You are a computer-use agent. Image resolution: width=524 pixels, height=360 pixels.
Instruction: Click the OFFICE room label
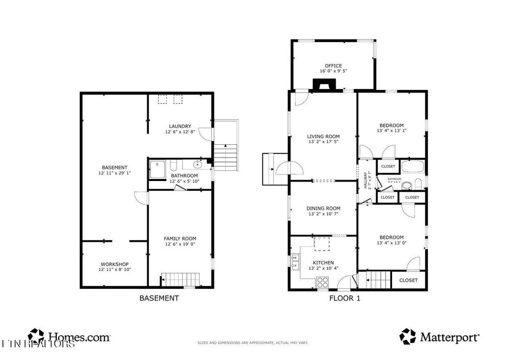(333, 66)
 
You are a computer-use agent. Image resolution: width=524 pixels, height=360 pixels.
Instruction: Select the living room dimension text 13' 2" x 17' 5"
(323, 143)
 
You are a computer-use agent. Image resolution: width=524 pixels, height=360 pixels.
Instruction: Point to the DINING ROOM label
(323, 208)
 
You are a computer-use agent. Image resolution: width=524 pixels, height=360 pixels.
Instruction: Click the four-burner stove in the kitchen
(322, 281)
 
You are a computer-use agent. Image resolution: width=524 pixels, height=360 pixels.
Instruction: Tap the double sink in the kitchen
(295, 262)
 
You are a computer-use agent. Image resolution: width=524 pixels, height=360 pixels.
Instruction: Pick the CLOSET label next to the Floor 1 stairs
(408, 280)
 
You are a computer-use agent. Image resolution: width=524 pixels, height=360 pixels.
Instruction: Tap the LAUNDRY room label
(180, 126)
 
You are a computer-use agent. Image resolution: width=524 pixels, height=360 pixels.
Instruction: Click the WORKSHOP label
(115, 264)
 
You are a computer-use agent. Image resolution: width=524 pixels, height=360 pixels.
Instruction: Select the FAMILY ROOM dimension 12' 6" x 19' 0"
(180, 244)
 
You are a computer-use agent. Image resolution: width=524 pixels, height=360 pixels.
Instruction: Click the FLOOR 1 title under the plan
(344, 298)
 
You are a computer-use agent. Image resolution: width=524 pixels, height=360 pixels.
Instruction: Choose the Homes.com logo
(69, 337)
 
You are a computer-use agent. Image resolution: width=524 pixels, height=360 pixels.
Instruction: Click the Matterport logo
(440, 337)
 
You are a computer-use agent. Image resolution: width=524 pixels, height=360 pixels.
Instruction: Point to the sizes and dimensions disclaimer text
(253, 343)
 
